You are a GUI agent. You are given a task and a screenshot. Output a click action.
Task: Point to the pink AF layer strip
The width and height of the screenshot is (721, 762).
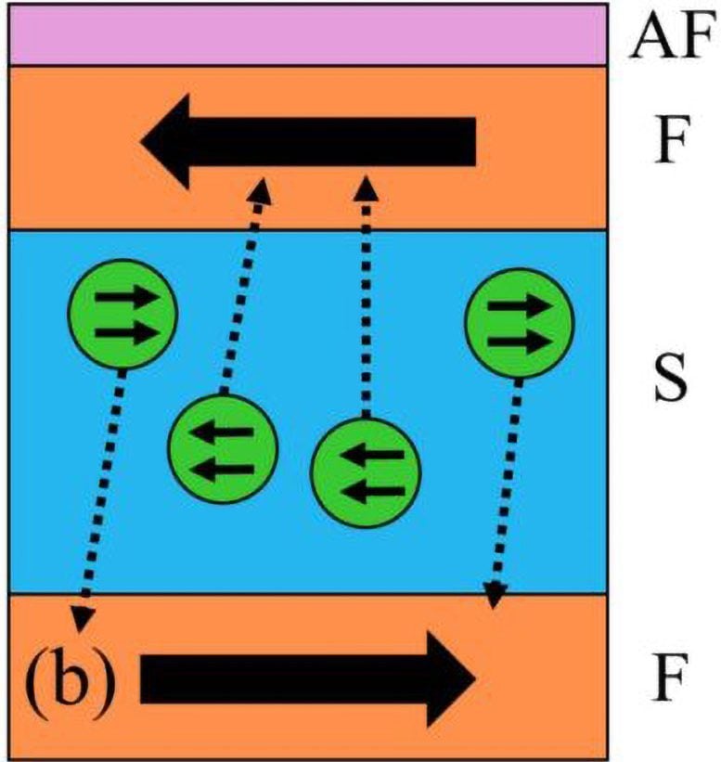(306, 34)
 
